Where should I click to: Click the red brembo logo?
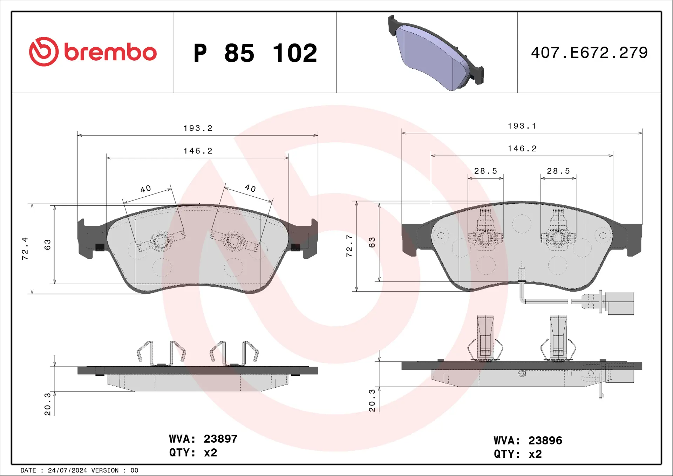93,52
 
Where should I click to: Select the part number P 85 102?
255,53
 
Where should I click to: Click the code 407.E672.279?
589,53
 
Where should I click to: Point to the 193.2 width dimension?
198,128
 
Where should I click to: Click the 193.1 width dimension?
522,126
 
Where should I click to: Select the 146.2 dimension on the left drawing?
198,151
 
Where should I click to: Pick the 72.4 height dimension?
25,249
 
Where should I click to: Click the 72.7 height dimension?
349,246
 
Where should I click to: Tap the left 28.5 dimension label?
485,171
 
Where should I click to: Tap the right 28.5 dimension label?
558,171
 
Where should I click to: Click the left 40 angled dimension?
146,189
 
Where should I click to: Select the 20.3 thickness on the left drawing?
48,404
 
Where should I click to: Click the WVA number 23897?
220,439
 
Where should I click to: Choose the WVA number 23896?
545,441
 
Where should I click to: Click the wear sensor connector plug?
620,303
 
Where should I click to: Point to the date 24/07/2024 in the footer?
67,470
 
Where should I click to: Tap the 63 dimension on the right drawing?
372,242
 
